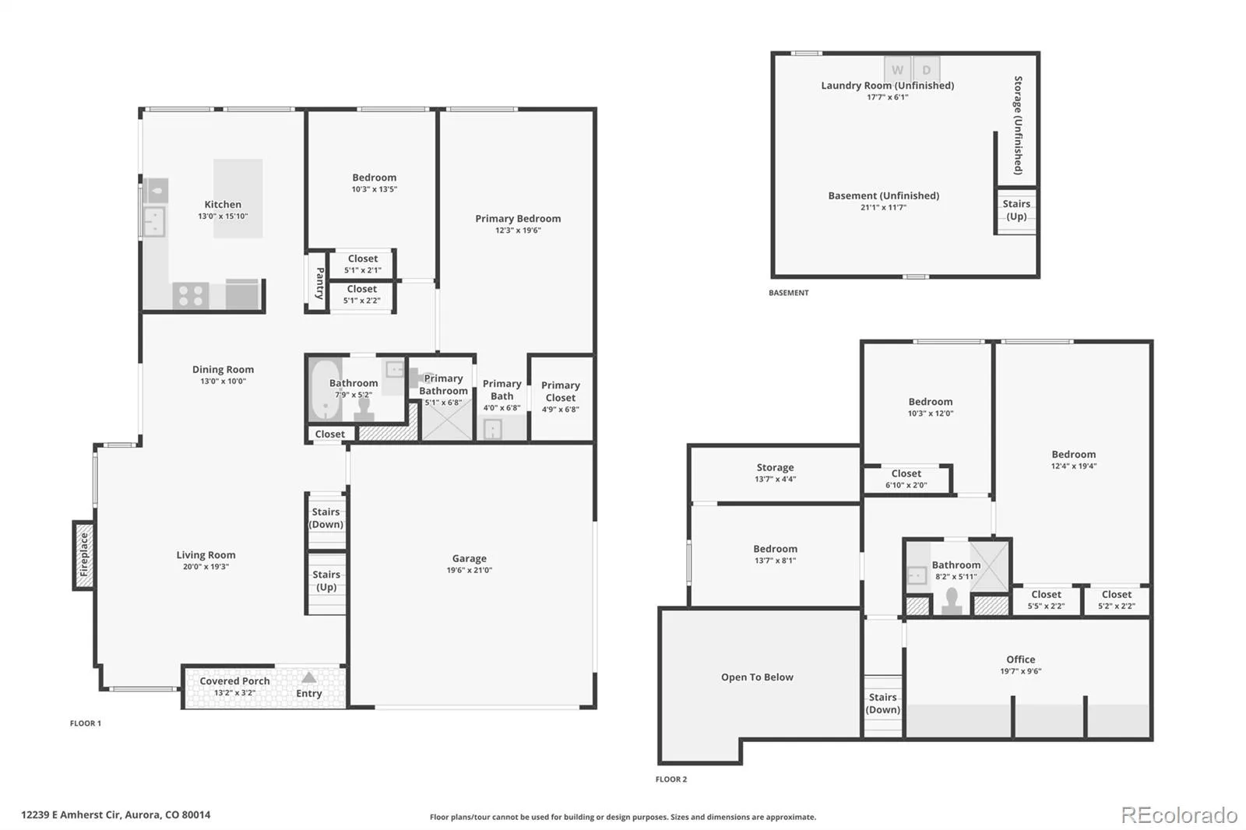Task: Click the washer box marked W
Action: tap(897, 69)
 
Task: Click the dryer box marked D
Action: tap(926, 69)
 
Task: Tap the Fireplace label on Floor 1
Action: tap(84, 554)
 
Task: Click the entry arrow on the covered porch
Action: tap(308, 677)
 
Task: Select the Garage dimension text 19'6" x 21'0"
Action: tap(470, 570)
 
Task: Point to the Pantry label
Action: tap(320, 283)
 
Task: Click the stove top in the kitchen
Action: tap(190, 295)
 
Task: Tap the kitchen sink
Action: tap(154, 221)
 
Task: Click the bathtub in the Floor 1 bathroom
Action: tap(325, 389)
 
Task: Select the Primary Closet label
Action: tap(561, 391)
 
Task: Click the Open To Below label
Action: tap(757, 677)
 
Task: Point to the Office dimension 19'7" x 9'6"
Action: tap(1021, 671)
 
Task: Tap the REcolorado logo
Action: tap(1179, 815)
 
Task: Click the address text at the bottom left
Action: tap(116, 815)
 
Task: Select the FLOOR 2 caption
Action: tap(671, 779)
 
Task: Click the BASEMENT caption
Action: tap(788, 293)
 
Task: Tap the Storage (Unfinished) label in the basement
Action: tap(1018, 125)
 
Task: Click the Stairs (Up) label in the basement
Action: tap(1016, 209)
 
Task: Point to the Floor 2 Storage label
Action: tap(775, 467)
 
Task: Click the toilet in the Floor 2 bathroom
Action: tap(952, 601)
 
